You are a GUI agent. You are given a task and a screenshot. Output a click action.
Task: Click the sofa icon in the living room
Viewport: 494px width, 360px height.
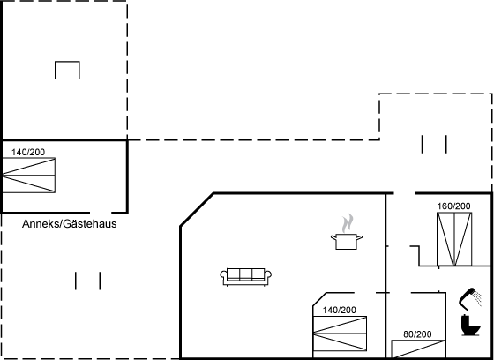[x=245, y=276]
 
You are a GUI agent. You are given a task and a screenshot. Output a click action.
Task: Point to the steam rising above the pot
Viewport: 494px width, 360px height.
[x=348, y=220]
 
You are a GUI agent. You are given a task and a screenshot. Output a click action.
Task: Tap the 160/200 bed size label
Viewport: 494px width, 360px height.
[x=453, y=206]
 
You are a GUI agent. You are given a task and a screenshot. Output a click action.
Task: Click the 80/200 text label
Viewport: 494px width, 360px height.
[x=417, y=334]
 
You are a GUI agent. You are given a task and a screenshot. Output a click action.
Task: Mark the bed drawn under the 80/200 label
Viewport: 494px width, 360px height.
[x=417, y=349]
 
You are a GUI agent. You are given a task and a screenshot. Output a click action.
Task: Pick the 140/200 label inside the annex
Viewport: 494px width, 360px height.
[x=28, y=153]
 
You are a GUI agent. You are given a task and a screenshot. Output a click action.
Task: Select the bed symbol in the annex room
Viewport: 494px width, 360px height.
[x=28, y=176]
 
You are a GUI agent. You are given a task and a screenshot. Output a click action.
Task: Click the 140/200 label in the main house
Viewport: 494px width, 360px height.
[x=339, y=310]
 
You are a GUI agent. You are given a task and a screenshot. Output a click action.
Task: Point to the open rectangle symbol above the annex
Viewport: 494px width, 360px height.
[x=68, y=70]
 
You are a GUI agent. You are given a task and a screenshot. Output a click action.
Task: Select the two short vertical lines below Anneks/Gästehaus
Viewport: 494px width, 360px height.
[x=88, y=281]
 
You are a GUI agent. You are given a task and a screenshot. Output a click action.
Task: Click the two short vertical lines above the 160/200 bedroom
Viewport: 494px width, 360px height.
[x=435, y=143]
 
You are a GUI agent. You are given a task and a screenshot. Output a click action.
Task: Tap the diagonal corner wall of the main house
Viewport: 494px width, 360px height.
[x=196, y=210]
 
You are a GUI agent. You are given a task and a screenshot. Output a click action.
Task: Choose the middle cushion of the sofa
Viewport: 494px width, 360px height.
[x=245, y=274]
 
